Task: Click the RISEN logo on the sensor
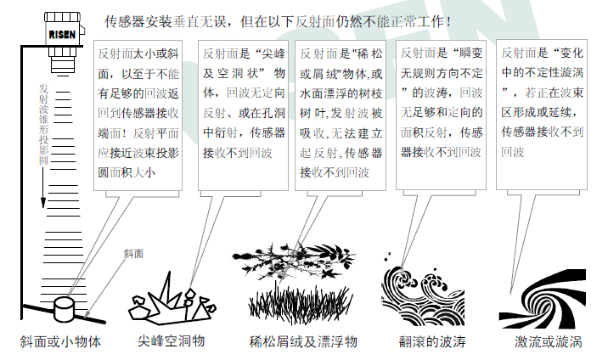coord(62,35)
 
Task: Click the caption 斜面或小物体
coord(61,342)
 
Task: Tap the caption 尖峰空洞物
coord(171,341)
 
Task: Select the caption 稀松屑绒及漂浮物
coord(303,342)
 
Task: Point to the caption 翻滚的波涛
coord(432,342)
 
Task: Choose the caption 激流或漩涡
coord(549,342)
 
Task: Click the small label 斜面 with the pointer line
coord(133,254)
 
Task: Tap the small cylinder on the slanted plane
coord(64,308)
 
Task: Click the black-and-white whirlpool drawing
coord(542,298)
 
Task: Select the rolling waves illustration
coord(423,295)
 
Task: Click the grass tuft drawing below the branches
coord(300,303)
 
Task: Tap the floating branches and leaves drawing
coord(294,260)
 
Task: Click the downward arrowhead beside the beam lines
coord(43,203)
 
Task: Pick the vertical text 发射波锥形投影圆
coord(43,124)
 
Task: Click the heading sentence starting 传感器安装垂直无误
coord(278,22)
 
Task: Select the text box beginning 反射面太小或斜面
coord(138,115)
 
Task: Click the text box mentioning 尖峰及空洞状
coord(243,115)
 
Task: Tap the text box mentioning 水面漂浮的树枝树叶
coord(341,115)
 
